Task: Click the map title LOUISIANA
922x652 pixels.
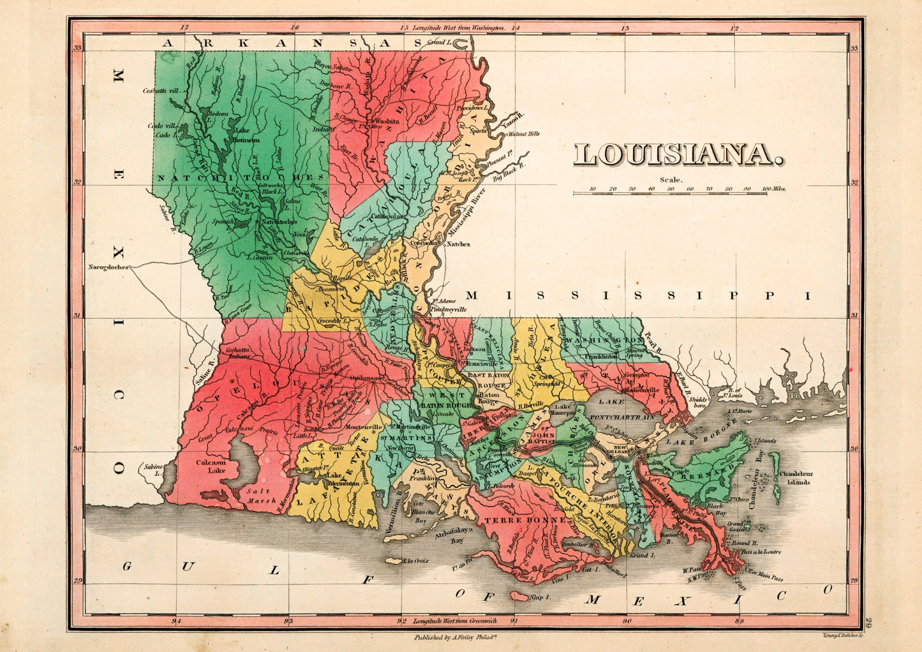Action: (679, 155)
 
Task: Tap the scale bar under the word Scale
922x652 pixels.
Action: (680, 191)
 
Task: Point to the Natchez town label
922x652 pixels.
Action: (457, 244)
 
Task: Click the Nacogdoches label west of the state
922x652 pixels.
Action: (108, 267)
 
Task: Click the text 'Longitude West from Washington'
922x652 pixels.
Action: (458, 28)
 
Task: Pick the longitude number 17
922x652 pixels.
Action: (184, 28)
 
